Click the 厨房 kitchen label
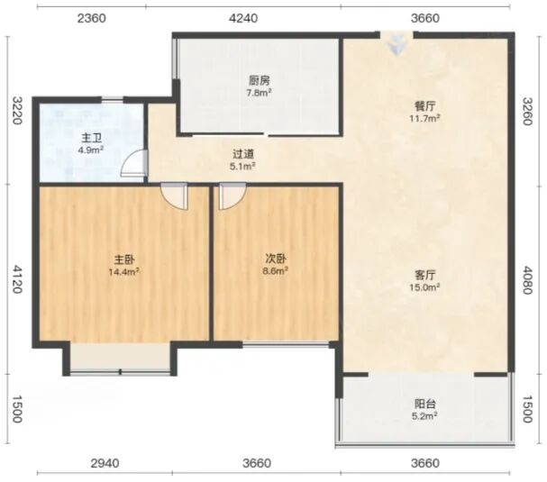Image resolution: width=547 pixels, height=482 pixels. click(x=260, y=81)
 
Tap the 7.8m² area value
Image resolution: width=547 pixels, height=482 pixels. click(x=260, y=93)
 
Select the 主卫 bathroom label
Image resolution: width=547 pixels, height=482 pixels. click(x=92, y=139)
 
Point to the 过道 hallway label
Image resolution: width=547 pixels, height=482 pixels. click(x=243, y=154)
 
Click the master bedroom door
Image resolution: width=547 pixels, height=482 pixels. click(x=174, y=196)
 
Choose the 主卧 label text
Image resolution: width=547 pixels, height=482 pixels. click(x=124, y=259)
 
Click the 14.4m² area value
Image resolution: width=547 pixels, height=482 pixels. click(x=124, y=271)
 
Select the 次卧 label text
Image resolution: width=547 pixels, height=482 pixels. click(x=276, y=259)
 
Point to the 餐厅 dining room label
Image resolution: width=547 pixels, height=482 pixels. click(x=425, y=106)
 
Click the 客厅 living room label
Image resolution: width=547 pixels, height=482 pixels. click(x=425, y=275)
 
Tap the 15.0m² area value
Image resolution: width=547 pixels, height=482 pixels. click(x=424, y=287)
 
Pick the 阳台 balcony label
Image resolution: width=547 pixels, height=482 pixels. click(x=425, y=404)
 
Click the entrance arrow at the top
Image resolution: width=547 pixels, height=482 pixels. click(x=397, y=44)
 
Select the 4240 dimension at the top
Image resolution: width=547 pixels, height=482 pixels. click(x=243, y=18)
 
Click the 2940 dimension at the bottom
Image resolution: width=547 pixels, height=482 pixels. click(x=105, y=463)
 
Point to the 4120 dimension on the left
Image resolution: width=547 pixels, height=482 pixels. click(x=17, y=279)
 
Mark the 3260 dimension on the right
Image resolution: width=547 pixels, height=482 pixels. click(x=527, y=111)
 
